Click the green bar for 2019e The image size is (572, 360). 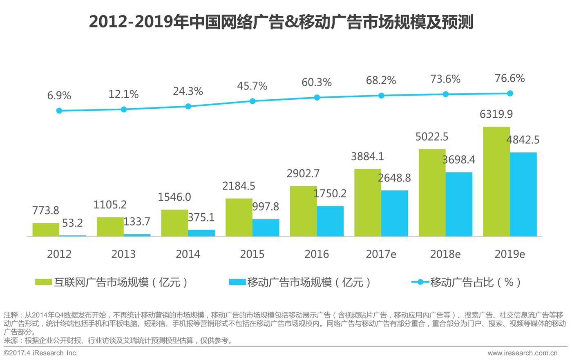tap(496, 181)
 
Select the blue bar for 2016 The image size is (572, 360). tap(330, 221)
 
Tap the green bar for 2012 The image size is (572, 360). tap(46, 230)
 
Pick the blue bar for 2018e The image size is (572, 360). tap(459, 204)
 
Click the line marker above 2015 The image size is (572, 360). tap(252, 101)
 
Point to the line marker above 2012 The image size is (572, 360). tap(59, 111)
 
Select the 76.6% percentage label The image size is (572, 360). tap(509, 78)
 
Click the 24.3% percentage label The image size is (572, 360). tap(188, 91)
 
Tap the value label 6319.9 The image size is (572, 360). tap(496, 114)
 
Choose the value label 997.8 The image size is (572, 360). tap(266, 207)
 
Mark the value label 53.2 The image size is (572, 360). tap(72, 223)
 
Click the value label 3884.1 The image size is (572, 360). tap(367, 157)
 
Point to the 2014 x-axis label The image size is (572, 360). tap(188, 254)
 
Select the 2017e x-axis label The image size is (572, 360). tap(381, 254)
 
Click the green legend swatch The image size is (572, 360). tap(43, 282)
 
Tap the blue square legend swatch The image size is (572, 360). tap(237, 282)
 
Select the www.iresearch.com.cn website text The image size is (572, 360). tap(522, 353)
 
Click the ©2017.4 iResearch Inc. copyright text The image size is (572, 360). tap(40, 353)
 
